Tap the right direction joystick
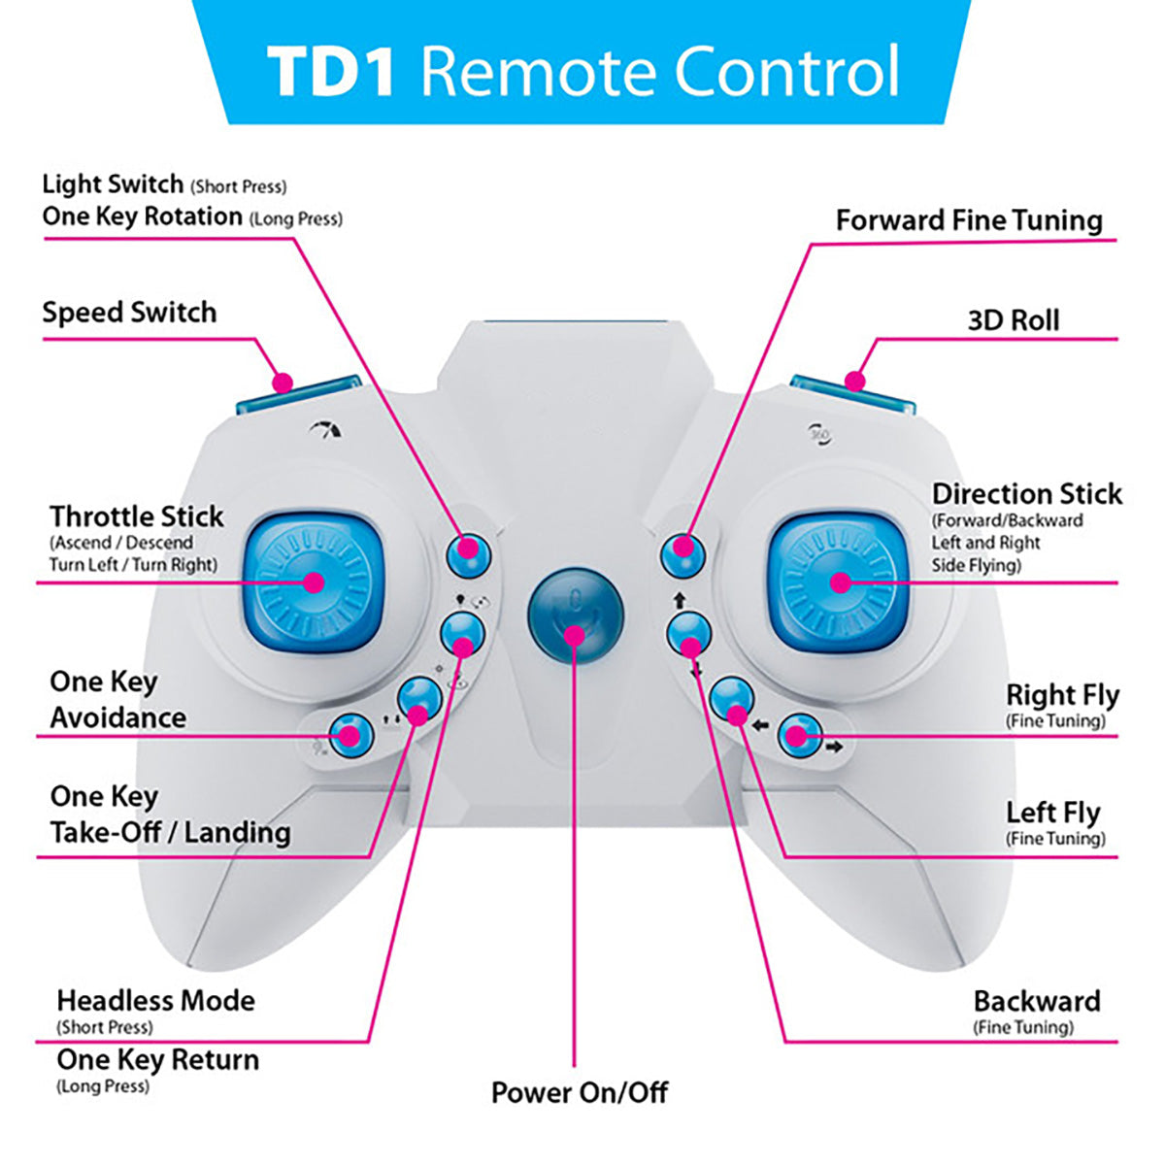click(x=841, y=582)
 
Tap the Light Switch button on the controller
click(x=469, y=552)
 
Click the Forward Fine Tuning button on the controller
click(x=683, y=552)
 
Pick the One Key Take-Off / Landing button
click(x=419, y=699)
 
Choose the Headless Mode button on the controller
click(x=462, y=635)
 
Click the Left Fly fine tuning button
click(x=732, y=699)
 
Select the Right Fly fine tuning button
click(x=799, y=735)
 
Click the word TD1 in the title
click(x=330, y=72)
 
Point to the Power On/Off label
click(x=580, y=1092)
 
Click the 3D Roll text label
click(x=1013, y=320)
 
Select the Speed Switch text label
click(x=129, y=313)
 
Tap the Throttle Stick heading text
click(x=137, y=516)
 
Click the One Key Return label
click(x=157, y=1059)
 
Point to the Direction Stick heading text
click(x=1026, y=494)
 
